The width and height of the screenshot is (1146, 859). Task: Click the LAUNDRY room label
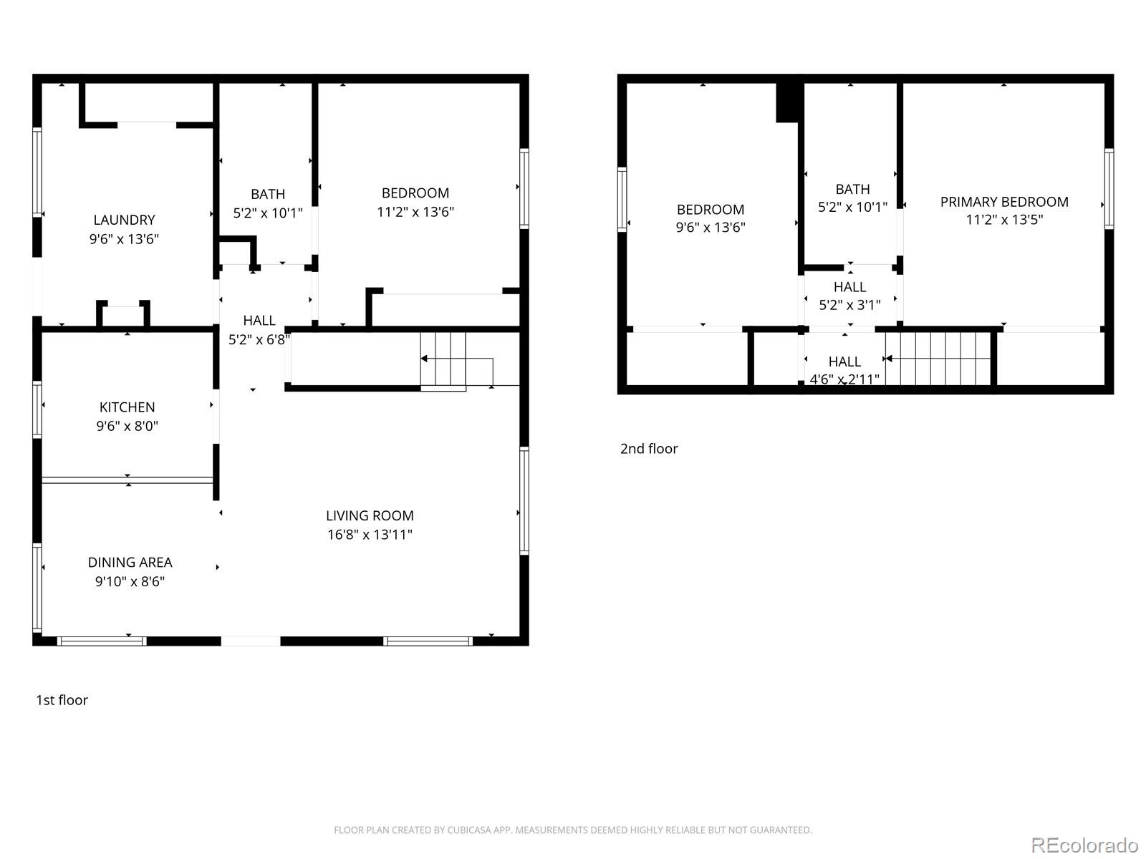124,220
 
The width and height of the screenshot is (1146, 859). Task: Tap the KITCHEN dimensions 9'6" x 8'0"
127,426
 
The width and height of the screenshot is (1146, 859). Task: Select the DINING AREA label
130,563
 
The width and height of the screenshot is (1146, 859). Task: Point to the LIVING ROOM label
370,515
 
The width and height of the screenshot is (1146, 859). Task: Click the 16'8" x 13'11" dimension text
370,535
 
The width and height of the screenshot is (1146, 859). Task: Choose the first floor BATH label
268,194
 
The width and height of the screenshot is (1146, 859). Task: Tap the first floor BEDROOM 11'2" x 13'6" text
415,212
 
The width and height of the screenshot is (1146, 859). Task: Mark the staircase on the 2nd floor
938,359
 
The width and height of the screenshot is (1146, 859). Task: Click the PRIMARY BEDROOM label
1004,202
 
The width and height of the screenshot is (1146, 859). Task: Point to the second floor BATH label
852,189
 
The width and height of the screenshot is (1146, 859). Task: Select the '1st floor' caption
62,700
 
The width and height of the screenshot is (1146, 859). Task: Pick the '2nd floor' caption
648,449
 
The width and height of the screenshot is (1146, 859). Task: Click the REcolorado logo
1084,845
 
